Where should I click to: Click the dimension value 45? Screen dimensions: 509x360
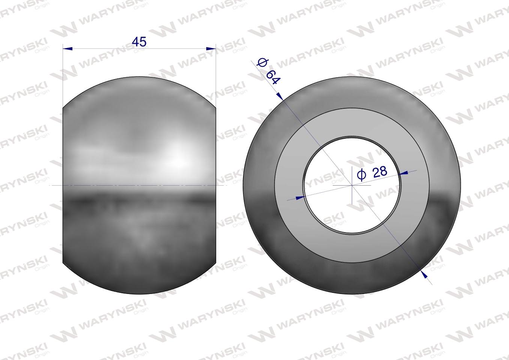tap(139, 42)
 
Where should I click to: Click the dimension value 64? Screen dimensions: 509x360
tap(272, 77)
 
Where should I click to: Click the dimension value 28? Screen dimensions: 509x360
tap(380, 172)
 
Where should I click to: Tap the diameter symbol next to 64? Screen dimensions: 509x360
tap(262, 63)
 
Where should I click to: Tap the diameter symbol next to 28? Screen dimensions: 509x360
tap(362, 175)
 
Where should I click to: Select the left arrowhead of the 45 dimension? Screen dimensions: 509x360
tap(68, 49)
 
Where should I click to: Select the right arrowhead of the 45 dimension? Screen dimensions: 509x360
tap(211, 48)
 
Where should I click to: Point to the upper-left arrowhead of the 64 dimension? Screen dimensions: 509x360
tap(280, 96)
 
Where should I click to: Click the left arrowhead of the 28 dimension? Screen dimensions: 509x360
tap(300, 198)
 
